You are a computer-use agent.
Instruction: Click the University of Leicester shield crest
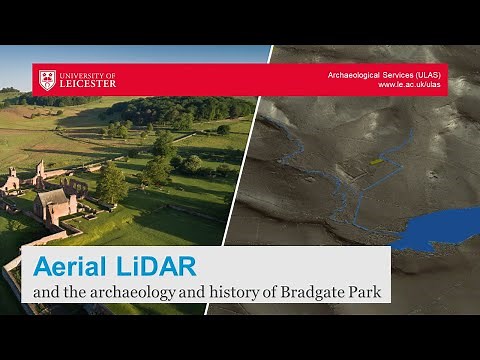click(47, 80)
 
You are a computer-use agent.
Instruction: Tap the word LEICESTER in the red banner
click(89, 85)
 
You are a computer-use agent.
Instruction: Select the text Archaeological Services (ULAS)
click(384, 75)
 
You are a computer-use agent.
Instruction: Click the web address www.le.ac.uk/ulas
click(408, 86)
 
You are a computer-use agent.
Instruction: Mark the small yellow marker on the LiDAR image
click(376, 161)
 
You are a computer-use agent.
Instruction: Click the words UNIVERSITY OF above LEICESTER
click(88, 75)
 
